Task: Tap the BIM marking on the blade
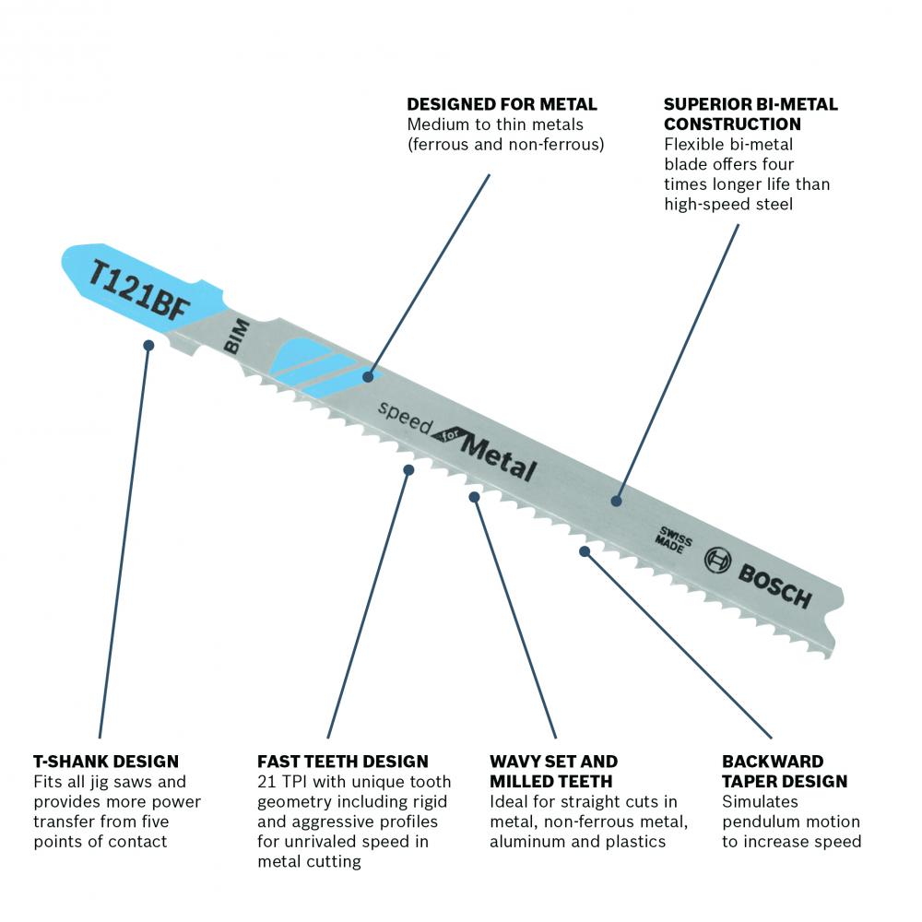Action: pyautogui.click(x=237, y=337)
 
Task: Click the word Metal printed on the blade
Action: pyautogui.click(x=499, y=458)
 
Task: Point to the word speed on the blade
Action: pyautogui.click(x=404, y=418)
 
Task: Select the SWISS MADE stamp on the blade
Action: pyautogui.click(x=674, y=539)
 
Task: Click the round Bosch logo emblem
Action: pyautogui.click(x=718, y=560)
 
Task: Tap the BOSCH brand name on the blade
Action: pyautogui.click(x=774, y=585)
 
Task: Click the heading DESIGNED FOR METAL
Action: pyautogui.click(x=502, y=105)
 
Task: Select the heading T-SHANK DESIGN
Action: pyautogui.click(x=106, y=762)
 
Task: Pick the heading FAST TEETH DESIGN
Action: pyautogui.click(x=343, y=762)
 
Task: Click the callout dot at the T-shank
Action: pyautogui.click(x=148, y=345)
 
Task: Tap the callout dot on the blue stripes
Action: pyautogui.click(x=368, y=376)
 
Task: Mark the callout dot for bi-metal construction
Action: pyautogui.click(x=616, y=501)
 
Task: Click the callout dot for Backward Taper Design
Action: pyautogui.click(x=585, y=551)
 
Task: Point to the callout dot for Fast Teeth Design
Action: pyautogui.click(x=408, y=470)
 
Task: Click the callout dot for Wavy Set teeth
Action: pyautogui.click(x=475, y=498)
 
